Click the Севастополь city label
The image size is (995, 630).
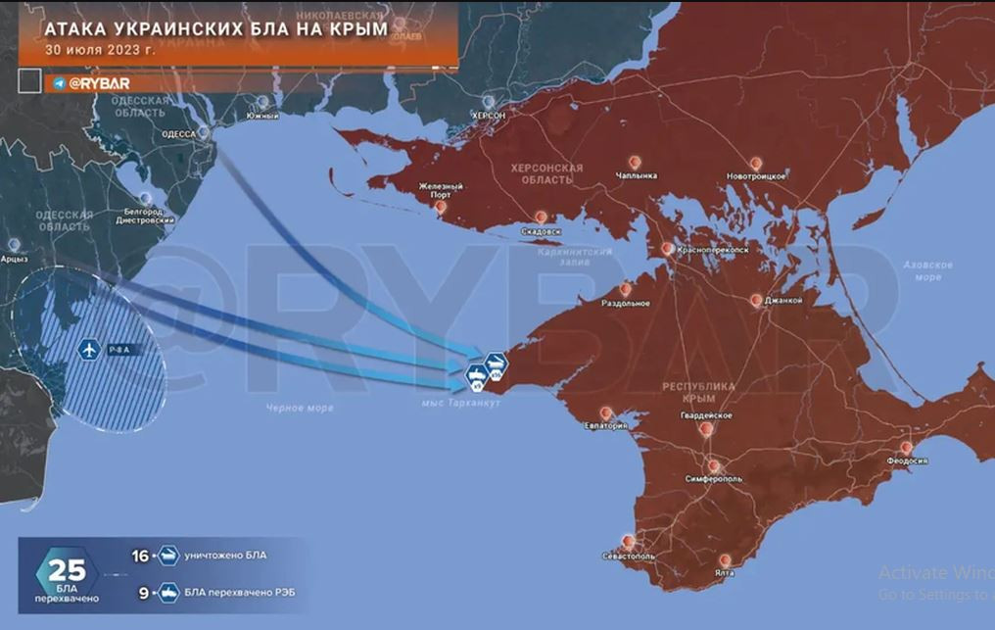pyautogui.click(x=629, y=557)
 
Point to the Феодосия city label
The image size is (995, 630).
pyautogui.click(x=907, y=460)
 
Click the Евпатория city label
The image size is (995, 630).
pyautogui.click(x=605, y=426)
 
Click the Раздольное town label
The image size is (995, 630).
pyautogui.click(x=626, y=303)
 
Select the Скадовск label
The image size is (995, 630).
pyautogui.click(x=541, y=231)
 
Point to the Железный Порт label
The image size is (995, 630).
pyautogui.click(x=441, y=190)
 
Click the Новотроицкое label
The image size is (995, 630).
pyautogui.click(x=756, y=175)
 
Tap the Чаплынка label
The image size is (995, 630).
pyautogui.click(x=637, y=175)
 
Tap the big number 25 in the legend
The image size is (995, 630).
pyautogui.click(x=68, y=571)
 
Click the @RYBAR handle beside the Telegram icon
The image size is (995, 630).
pyautogui.click(x=98, y=83)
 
